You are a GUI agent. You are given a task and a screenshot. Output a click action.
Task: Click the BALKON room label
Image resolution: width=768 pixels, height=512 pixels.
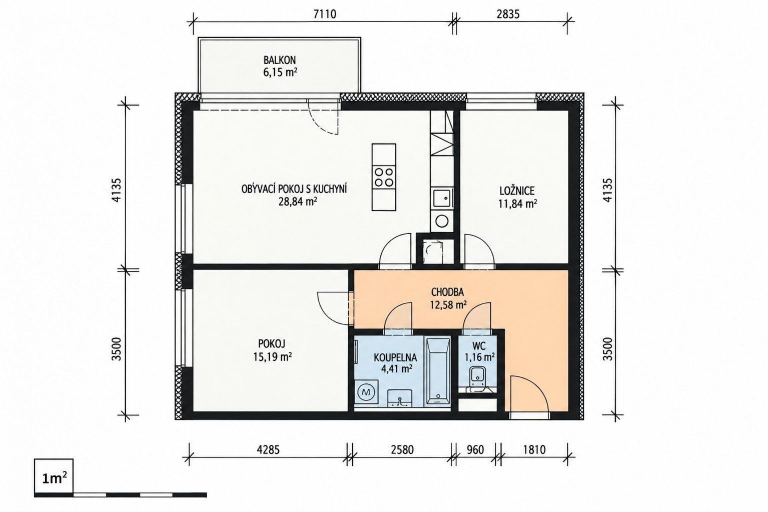tap(279, 61)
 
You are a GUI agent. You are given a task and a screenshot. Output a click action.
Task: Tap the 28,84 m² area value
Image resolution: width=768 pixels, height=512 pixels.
tap(297, 201)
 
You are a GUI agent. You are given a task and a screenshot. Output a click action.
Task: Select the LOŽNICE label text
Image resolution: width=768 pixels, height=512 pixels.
tap(517, 191)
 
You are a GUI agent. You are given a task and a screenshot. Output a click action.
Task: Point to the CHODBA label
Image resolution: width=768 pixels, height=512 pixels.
tap(447, 292)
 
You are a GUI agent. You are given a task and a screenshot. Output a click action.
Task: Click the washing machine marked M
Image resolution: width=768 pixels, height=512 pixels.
tap(366, 393)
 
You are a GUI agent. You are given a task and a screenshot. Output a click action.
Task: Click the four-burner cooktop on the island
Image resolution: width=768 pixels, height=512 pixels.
tap(384, 177)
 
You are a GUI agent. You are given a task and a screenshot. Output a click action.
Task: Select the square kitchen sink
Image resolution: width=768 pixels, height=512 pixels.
tap(442, 198)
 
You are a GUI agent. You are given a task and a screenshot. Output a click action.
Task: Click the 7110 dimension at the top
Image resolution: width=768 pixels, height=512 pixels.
tap(325, 14)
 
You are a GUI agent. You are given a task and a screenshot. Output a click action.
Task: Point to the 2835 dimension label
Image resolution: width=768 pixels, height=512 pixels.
tap(508, 14)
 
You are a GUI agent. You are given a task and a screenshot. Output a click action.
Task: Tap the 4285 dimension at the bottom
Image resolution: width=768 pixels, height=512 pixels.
tap(268, 449)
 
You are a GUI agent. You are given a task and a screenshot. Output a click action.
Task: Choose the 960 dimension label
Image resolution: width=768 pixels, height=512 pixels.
tap(475, 449)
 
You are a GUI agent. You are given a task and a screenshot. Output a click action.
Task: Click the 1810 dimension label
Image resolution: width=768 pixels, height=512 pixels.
tap(534, 449)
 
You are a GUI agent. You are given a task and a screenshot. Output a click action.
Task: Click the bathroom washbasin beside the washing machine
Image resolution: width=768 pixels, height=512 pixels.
tap(400, 398)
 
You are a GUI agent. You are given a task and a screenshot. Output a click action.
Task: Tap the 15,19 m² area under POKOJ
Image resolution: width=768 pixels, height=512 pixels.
tap(273, 357)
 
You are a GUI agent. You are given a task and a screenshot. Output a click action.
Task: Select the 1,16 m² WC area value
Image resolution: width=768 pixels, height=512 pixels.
tap(479, 357)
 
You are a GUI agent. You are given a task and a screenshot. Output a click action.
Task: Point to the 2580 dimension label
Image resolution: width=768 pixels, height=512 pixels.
tap(402, 449)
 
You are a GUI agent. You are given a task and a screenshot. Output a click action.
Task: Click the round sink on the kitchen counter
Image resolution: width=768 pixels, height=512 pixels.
tap(442, 221)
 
